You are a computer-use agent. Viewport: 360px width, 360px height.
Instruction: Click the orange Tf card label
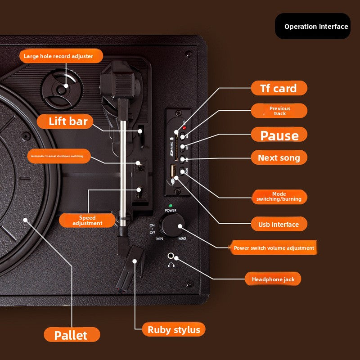279,88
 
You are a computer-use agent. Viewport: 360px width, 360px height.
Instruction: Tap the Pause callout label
279,135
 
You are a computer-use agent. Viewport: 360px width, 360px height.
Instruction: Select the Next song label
279,157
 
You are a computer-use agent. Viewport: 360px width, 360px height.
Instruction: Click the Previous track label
279,111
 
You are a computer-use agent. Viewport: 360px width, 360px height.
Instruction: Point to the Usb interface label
278,224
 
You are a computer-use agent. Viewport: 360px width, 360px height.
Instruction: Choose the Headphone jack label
273,279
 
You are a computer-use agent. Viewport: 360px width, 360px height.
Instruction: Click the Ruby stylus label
174,329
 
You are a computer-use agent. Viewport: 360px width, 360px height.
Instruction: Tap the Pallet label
71,335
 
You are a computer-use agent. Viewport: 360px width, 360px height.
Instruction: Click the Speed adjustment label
87,220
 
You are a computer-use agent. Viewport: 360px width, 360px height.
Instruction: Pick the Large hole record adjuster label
61,56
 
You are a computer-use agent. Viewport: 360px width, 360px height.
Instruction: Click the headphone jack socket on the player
171,256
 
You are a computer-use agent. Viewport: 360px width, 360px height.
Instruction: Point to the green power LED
171,206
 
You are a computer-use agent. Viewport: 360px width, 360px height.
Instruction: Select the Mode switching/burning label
279,197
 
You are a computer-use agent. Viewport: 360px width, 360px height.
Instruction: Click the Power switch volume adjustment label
274,248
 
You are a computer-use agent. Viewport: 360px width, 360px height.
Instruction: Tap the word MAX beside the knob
182,238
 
